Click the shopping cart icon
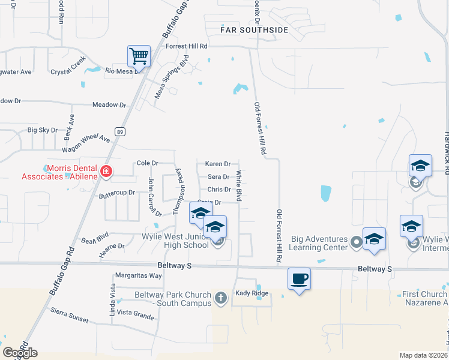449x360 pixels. pos(139,56)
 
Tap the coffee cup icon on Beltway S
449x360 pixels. pos(299,278)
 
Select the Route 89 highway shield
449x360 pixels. pos(121,131)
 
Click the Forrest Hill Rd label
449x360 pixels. pos(187,46)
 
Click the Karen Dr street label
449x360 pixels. pos(217,164)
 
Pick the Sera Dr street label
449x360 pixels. pos(218,177)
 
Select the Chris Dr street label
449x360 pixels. pos(218,190)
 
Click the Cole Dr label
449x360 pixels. pos(147,163)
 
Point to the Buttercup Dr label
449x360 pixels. pos(117,194)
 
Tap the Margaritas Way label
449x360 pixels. pos(139,276)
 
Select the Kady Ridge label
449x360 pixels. pos(251,293)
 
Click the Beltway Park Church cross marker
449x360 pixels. pos(221,298)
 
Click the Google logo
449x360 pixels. pos(20,353)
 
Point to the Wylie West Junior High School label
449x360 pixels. pos(176,241)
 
